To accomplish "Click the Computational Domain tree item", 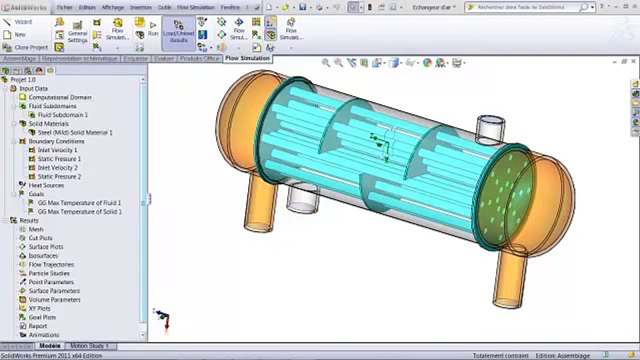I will click(59, 97).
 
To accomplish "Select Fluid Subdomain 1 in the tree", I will click(62, 115).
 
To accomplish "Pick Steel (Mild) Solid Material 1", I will click(75, 132).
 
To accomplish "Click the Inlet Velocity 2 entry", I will click(57, 168).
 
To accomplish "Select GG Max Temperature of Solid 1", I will click(79, 212).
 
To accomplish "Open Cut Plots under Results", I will click(40, 238).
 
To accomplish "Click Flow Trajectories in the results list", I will click(51, 264).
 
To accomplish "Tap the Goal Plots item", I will click(42, 317).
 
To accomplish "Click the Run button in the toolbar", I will click(153, 28).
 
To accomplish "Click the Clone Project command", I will click(31, 47).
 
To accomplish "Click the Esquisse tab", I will click(135, 58).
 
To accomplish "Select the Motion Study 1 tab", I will click(89, 346).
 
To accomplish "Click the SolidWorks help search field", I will click(527, 7).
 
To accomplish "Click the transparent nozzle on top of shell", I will click(490, 129).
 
